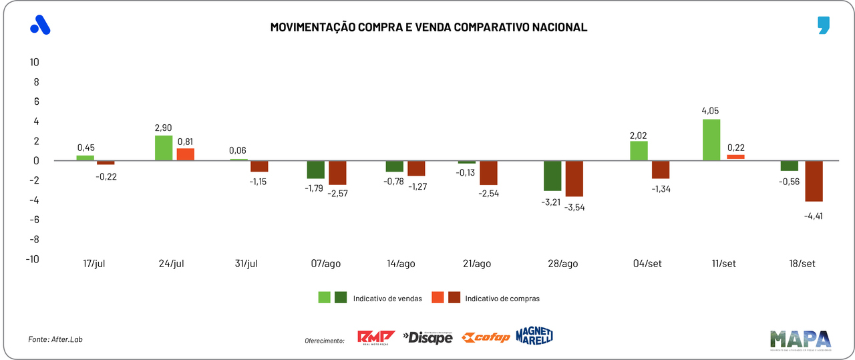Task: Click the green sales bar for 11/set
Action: click(x=711, y=140)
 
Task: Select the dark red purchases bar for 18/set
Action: click(x=813, y=181)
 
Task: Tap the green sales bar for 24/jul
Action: click(x=164, y=148)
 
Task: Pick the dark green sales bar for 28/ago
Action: click(x=552, y=176)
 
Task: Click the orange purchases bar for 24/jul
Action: click(x=185, y=154)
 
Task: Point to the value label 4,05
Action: click(x=710, y=111)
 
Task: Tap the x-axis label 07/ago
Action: click(x=327, y=264)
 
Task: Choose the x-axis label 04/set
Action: click(x=648, y=264)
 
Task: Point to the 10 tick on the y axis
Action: click(x=33, y=62)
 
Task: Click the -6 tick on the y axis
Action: click(x=33, y=220)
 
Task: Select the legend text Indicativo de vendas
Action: click(x=387, y=299)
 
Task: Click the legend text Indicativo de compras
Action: click(x=502, y=299)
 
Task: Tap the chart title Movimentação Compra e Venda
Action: click(x=428, y=27)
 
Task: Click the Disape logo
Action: click(x=427, y=337)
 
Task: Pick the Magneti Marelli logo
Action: click(x=534, y=337)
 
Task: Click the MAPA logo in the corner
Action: click(x=800, y=339)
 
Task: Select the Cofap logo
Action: click(x=486, y=337)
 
